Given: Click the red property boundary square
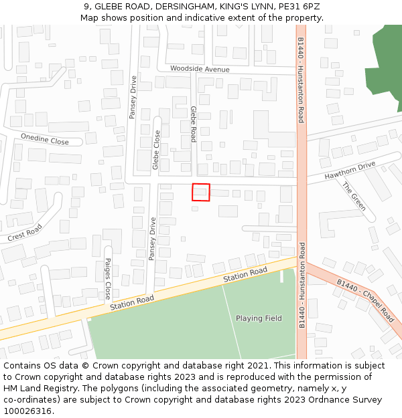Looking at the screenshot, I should click(x=201, y=192).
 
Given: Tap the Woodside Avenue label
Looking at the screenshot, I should click(x=200, y=69).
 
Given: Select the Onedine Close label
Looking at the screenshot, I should click(x=45, y=138).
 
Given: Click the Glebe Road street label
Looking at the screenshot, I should click(x=193, y=124).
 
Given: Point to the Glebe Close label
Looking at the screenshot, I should click(x=156, y=150).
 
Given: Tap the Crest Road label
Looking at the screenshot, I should click(x=25, y=233).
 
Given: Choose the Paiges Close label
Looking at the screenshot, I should click(x=107, y=278).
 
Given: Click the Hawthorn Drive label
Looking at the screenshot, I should click(x=350, y=171).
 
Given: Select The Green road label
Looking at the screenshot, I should click(x=354, y=197).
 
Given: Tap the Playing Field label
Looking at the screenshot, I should click(x=259, y=318).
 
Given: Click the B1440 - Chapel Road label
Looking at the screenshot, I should click(x=366, y=300).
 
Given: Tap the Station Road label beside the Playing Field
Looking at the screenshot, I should click(x=245, y=274).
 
